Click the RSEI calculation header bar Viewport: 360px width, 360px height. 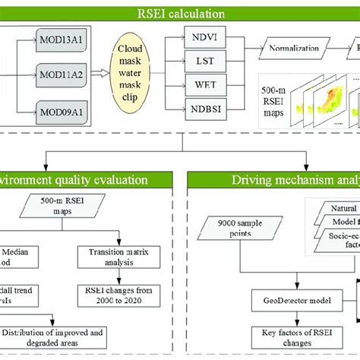180,13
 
